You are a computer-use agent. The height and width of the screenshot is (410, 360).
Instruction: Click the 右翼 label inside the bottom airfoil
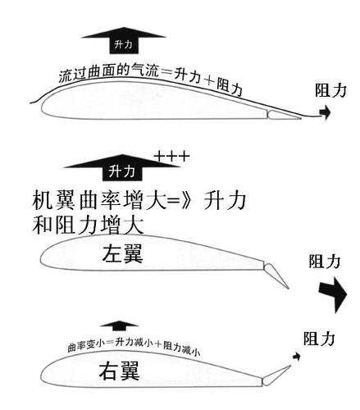coord(114,374)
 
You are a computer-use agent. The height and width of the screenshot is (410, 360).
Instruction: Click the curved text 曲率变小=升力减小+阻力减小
coord(135,348)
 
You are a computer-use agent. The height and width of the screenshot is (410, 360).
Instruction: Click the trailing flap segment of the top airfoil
coord(282,112)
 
